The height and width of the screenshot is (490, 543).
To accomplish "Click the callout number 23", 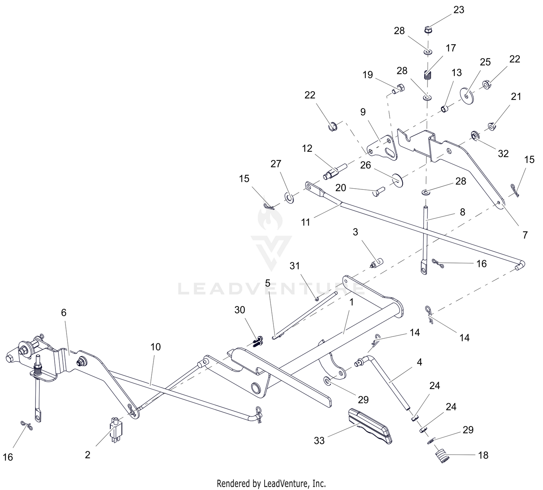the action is coord(459,10).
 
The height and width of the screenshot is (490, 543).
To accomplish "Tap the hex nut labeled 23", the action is coord(428,29).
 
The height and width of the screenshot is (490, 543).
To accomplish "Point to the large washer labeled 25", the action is coord(467,96).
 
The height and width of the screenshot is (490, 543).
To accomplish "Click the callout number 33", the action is coord(319,441).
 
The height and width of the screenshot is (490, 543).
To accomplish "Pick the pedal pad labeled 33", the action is coord(369,426).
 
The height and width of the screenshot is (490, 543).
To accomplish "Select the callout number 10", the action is coord(156,347).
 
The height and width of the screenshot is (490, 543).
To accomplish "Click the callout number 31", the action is coord(295,266).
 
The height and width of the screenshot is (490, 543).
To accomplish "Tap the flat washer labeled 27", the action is coord(290,198).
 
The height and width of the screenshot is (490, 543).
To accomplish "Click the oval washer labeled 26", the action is coord(397,180).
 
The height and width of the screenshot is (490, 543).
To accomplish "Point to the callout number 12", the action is coord(307,148).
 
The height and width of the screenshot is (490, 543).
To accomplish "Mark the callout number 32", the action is coord(503,154).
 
